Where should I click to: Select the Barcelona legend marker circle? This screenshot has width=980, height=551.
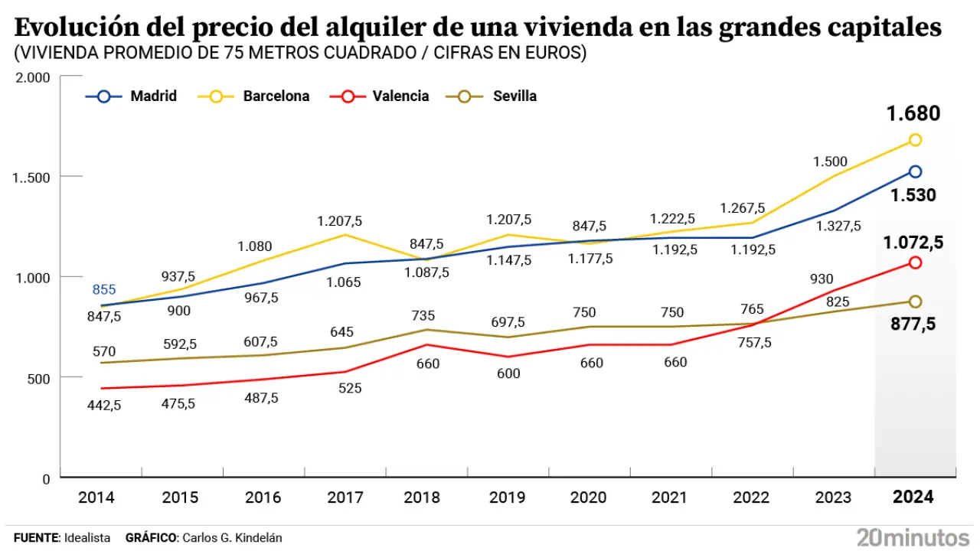pos(217,96)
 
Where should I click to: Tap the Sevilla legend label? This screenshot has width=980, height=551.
pos(514,96)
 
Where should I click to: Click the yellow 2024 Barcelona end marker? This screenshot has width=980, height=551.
pos(915,140)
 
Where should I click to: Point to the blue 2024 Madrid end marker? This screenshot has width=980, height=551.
pos(915,171)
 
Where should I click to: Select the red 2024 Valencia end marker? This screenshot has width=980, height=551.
pos(915,262)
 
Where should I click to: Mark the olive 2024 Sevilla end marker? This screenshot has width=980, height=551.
pos(915,302)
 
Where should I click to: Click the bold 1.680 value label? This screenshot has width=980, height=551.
pos(913,115)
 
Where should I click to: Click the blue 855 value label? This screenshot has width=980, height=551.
pos(104,289)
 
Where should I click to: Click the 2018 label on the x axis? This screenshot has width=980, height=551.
pos(422,497)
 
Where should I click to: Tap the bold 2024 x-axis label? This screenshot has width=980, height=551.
pos(914,497)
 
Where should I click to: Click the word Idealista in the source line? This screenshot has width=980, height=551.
pos(88,538)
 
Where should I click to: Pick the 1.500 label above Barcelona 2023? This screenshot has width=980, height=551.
pos(831,161)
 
